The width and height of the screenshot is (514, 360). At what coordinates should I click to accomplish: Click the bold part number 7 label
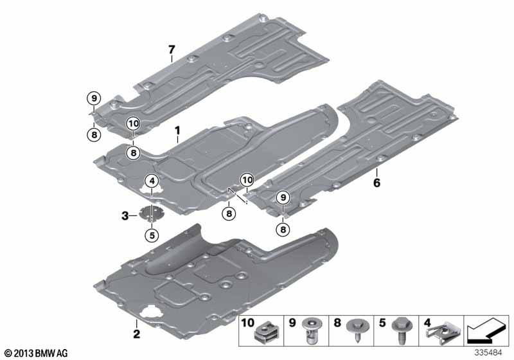[x=172, y=50]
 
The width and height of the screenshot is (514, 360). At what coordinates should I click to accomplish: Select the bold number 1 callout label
[x=177, y=130]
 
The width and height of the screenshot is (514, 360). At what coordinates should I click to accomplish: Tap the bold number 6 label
[x=377, y=183]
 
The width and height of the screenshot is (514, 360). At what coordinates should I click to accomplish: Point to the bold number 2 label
[x=136, y=334]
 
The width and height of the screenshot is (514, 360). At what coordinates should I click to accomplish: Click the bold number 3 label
[x=125, y=216]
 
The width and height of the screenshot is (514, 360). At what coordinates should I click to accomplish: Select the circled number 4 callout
[x=152, y=181]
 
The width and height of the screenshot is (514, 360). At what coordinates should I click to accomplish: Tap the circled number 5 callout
[x=152, y=235]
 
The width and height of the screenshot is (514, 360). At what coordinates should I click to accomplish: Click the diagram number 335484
[x=488, y=353]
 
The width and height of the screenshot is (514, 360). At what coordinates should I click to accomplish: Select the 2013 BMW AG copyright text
[x=37, y=353]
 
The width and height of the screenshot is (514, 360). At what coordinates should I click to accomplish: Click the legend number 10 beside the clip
[x=248, y=323]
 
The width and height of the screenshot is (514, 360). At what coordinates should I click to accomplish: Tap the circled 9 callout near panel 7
[x=94, y=98]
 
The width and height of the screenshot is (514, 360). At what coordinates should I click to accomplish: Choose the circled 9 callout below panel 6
[x=283, y=197]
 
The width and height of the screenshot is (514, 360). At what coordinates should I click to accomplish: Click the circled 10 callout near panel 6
[x=247, y=180]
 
